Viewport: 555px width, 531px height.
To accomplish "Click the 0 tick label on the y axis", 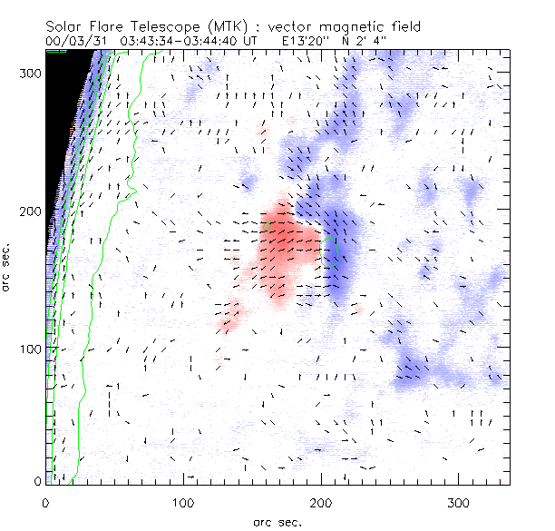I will [x=37, y=480].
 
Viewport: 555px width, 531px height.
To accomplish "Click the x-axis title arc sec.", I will [x=277, y=522].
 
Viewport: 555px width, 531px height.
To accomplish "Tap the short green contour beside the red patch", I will [x=324, y=250].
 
